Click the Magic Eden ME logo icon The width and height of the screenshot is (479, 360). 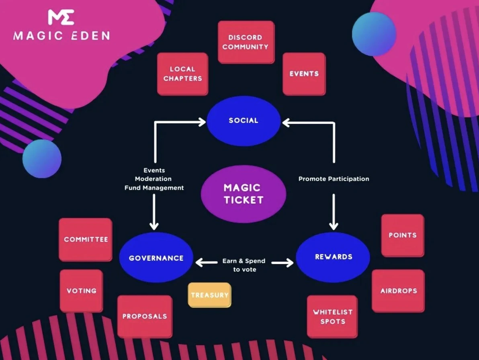click(61, 17)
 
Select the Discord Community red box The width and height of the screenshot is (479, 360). click(246, 42)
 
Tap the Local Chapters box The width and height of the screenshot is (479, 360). click(182, 74)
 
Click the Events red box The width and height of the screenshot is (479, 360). click(304, 74)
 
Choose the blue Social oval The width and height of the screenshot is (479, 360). click(244, 121)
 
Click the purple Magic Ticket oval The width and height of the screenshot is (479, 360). click(244, 194)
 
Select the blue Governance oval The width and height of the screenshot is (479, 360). click(156, 258)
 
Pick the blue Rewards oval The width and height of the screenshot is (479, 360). click(333, 257)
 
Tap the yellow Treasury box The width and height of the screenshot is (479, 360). click(209, 295)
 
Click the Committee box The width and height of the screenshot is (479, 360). click(86, 239)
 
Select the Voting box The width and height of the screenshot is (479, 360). click(81, 290)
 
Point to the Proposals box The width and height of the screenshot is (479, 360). click(145, 316)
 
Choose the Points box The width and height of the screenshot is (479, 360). click(402, 235)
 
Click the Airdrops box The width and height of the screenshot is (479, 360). click(398, 290)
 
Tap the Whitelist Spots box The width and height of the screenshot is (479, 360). click(332, 317)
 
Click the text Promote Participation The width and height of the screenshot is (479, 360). click(334, 179)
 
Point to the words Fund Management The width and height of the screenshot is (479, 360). click(154, 188)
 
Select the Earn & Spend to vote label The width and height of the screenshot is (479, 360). click(244, 265)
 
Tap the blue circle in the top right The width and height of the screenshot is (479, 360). click(374, 34)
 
